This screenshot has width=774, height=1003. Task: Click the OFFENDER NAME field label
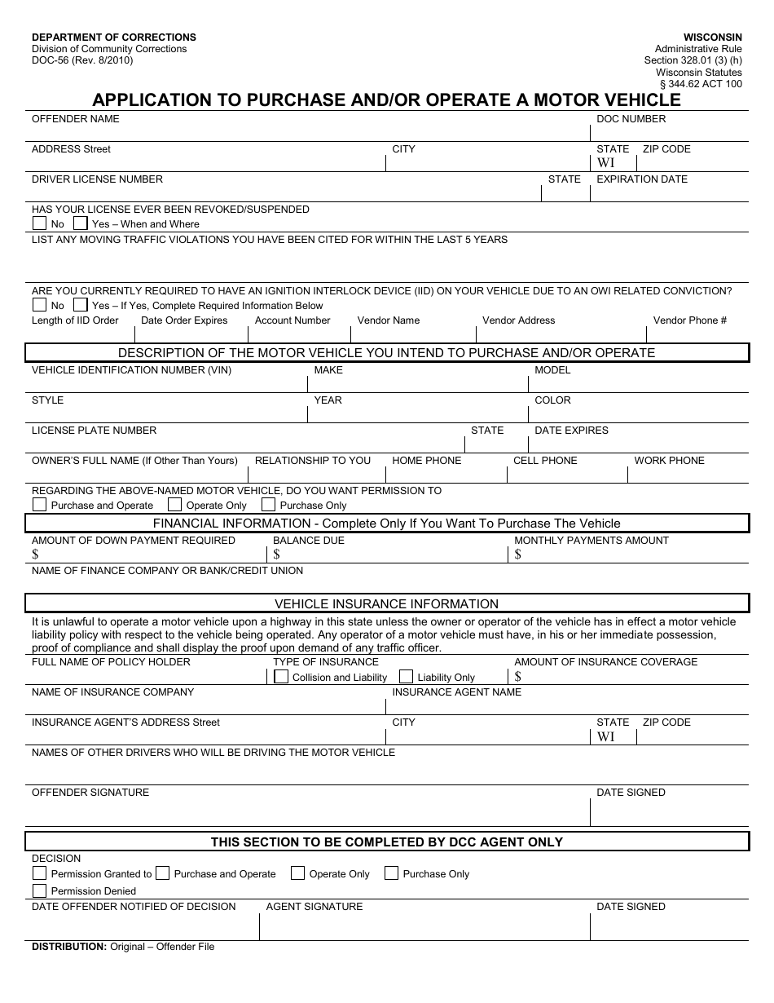point(75,119)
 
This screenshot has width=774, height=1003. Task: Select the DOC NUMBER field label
point(631,119)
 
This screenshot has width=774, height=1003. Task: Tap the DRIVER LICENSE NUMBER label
point(97,179)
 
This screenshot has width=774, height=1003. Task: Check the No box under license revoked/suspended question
point(39,223)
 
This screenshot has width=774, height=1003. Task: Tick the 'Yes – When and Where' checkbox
point(80,223)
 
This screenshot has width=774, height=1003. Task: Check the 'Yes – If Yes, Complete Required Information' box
point(80,305)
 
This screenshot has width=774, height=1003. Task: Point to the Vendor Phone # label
point(689,320)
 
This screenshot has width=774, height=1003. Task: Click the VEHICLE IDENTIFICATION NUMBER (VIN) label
point(131,370)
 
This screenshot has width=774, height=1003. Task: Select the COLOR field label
point(552,400)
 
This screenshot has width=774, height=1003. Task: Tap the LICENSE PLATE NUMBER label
point(94,431)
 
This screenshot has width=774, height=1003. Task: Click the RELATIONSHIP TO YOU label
point(312,461)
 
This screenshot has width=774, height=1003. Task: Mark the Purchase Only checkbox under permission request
point(268,505)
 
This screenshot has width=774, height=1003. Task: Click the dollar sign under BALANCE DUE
point(277,555)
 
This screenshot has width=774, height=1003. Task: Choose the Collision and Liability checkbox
point(280,677)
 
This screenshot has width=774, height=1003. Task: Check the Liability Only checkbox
point(406,677)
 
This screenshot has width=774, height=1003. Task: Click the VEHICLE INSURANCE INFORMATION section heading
point(386,604)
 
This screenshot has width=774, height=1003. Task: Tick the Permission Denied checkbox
point(39,890)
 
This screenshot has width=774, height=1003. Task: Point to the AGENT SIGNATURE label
point(314,907)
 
